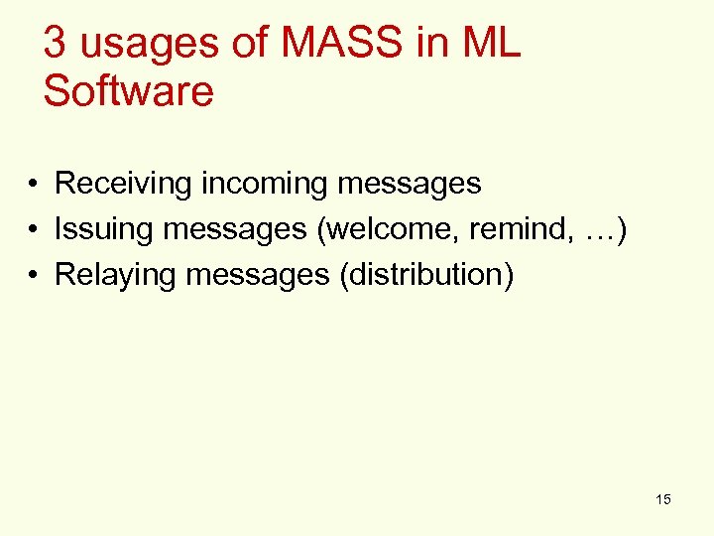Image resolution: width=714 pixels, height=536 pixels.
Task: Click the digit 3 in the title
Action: click(x=57, y=45)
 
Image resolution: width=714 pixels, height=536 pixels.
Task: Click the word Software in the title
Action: click(x=129, y=90)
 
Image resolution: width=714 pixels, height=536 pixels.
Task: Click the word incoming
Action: click(x=266, y=184)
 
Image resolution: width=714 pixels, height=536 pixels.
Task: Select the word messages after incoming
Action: click(x=409, y=184)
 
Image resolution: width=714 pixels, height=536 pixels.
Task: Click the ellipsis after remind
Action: click(x=599, y=229)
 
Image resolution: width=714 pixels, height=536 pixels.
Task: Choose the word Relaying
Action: click(x=116, y=275)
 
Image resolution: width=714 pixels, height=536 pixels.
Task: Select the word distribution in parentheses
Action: click(x=426, y=275)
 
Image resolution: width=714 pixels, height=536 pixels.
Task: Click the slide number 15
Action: click(x=662, y=499)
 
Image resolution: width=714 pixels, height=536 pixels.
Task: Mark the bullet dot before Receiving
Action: click(x=33, y=185)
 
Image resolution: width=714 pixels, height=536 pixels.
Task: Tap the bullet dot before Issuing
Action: click(x=33, y=230)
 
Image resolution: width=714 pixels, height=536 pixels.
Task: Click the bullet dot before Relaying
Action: click(x=33, y=276)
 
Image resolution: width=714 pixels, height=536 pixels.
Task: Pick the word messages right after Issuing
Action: click(x=235, y=229)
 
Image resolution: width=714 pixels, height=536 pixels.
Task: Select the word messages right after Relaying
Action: click(x=258, y=275)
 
